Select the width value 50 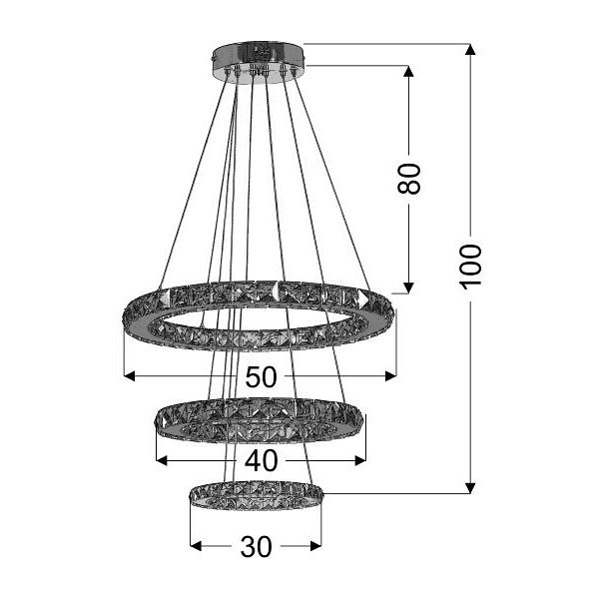coord(261,376)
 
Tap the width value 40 coord(261,460)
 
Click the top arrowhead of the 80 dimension coord(408,71)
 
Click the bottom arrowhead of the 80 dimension coord(408,289)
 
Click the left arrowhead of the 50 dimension coord(129,376)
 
